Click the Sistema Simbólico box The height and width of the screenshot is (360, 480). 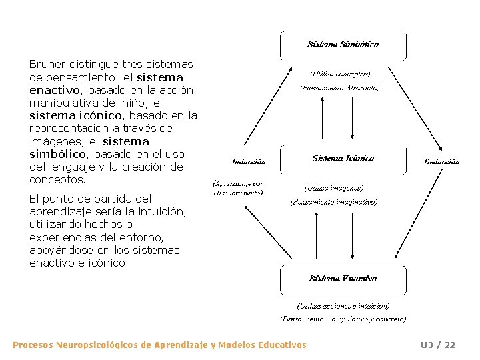pos(343,45)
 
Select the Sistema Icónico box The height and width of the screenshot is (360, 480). pos(343,159)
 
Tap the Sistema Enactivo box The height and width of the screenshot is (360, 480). pos(343,279)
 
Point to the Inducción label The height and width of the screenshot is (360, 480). pos(249,161)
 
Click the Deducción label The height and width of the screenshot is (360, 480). pos(442,161)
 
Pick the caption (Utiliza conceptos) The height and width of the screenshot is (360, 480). pos(340,73)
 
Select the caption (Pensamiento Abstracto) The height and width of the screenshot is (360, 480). pos(340,87)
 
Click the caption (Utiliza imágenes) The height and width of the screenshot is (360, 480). pos(334,188)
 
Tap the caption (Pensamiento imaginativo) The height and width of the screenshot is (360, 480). pos(334,201)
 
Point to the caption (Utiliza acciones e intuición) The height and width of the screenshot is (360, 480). pos(343,306)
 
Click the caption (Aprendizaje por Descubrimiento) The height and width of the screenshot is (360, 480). pos(238,187)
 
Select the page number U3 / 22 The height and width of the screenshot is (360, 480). pos(437,345)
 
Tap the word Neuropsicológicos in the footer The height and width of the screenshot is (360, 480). pos(97,345)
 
